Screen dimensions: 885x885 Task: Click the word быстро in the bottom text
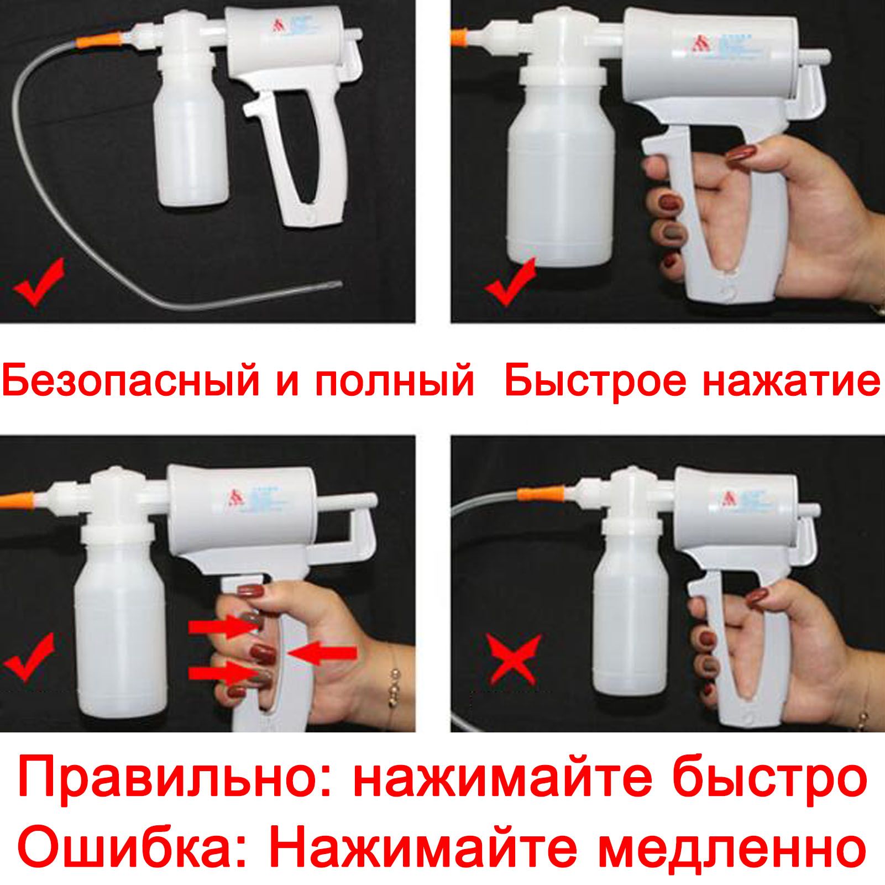coord(772,780)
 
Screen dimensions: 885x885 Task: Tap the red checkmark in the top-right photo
coord(509,282)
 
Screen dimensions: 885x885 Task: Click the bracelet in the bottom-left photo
coord(394,686)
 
